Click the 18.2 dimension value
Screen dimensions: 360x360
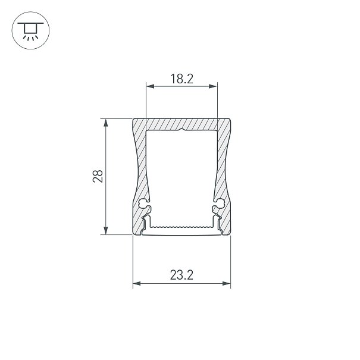tap(182, 79)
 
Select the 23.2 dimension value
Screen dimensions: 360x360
tap(181, 275)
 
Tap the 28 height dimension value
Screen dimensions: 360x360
tap(98, 176)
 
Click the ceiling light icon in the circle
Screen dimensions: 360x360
tap(30, 31)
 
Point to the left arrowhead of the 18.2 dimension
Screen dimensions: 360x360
tap(150, 86)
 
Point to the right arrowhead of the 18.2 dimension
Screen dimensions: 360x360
tap(213, 86)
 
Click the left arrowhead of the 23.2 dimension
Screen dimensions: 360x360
tap(137, 284)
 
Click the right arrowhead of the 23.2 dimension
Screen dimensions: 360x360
tap(226, 284)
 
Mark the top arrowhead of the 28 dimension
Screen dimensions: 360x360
tap(105, 123)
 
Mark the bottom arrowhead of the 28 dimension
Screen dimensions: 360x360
tap(105, 230)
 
